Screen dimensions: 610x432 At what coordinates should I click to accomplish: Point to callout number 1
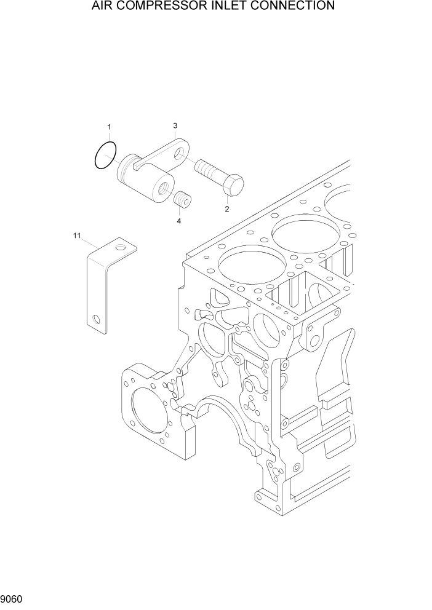click(x=109, y=127)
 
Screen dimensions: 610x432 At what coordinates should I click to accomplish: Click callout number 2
click(x=226, y=209)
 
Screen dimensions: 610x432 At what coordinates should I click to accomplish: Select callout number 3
click(x=175, y=125)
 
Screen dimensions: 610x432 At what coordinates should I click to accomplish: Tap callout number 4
click(x=179, y=220)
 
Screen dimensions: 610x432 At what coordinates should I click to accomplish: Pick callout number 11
click(x=77, y=236)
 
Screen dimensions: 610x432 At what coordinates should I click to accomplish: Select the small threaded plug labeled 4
click(x=181, y=200)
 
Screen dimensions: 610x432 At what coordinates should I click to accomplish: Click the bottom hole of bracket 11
click(x=95, y=319)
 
